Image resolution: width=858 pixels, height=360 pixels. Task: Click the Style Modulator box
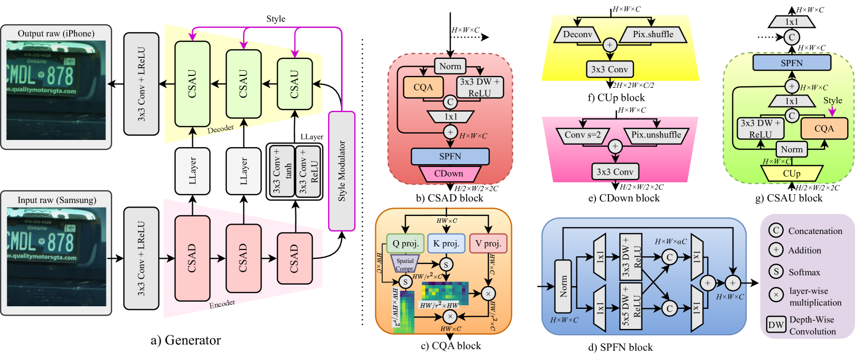(x=341, y=171)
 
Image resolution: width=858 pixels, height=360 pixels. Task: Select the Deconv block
(x=578, y=35)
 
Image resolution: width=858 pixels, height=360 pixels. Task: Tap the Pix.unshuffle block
(x=656, y=135)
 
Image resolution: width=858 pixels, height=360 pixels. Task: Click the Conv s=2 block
(x=583, y=135)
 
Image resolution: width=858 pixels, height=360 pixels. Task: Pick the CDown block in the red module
(x=448, y=174)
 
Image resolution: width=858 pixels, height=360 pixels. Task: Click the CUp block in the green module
(x=791, y=174)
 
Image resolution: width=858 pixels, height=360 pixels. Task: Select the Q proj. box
(x=405, y=243)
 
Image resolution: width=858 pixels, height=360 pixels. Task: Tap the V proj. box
(x=488, y=243)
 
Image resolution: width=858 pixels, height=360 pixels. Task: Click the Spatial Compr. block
(x=405, y=264)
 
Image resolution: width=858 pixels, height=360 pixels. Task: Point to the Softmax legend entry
(x=804, y=272)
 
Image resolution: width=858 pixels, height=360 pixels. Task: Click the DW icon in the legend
(x=775, y=325)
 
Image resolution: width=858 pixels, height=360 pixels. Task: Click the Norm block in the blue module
(x=564, y=286)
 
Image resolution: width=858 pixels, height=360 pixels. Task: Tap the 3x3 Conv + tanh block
(x=282, y=171)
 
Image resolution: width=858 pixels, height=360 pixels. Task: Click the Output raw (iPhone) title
(x=56, y=34)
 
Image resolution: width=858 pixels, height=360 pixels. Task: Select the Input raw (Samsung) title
(x=56, y=200)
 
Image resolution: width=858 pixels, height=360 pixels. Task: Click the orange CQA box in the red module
(x=423, y=87)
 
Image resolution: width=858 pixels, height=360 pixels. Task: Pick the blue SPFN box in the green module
(x=791, y=63)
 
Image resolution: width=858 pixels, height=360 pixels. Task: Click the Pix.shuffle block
(x=653, y=35)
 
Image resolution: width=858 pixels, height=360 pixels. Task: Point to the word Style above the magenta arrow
(x=832, y=100)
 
